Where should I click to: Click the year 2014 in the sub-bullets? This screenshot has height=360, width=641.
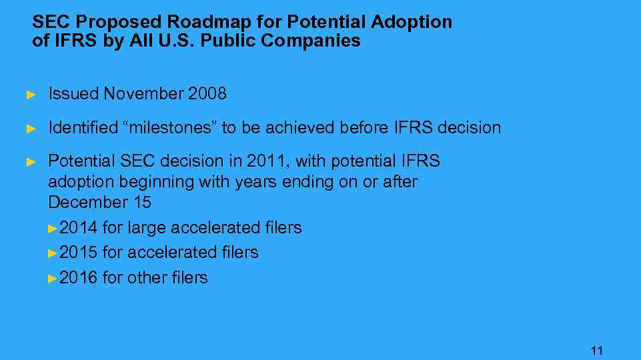coord(79,228)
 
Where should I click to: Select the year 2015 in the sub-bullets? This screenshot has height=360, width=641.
coord(79,253)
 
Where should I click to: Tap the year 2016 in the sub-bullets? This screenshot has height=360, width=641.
coord(79,277)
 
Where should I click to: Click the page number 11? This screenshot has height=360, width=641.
coord(597,350)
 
